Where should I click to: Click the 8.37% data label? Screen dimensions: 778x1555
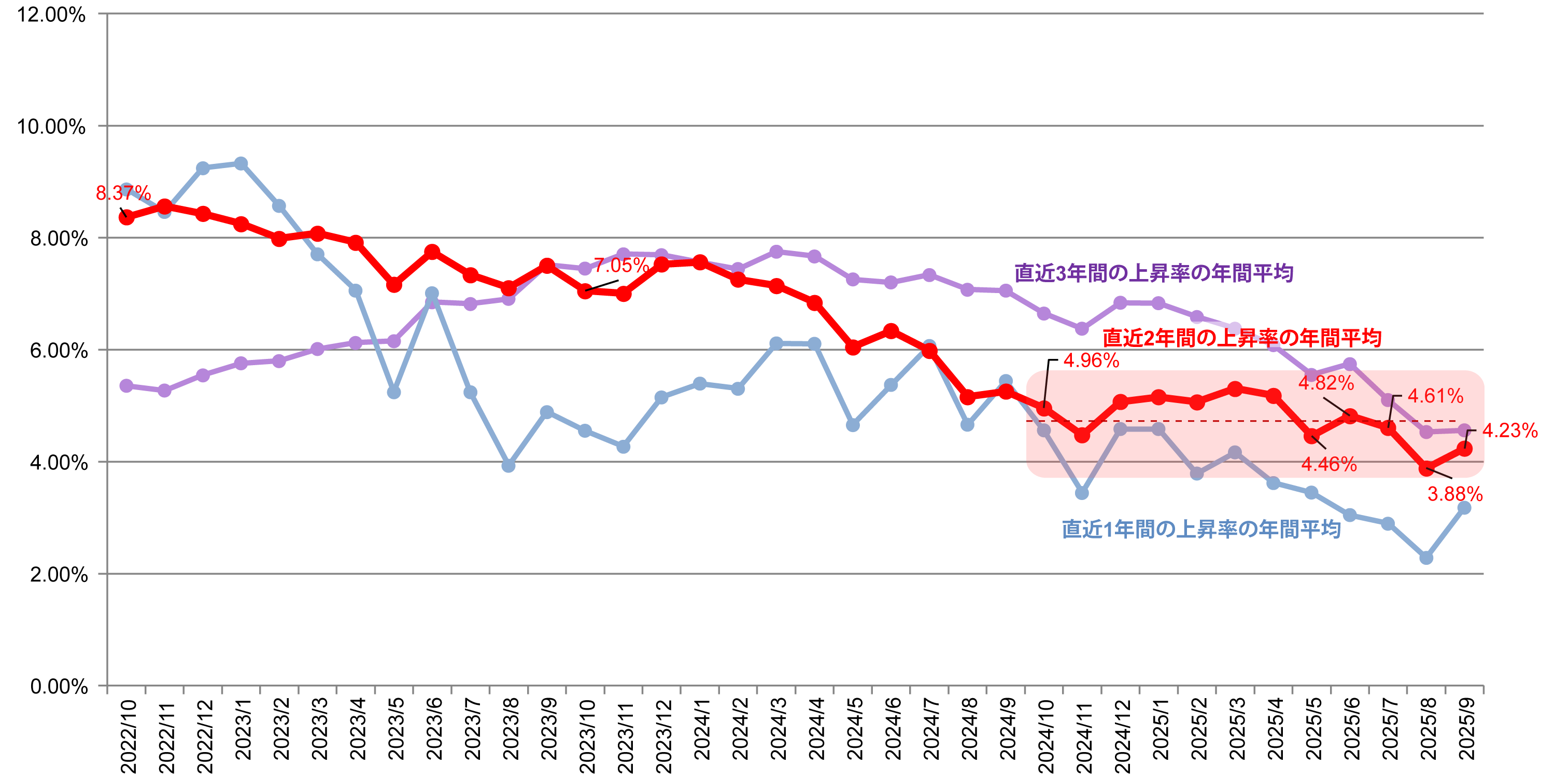[x=123, y=193]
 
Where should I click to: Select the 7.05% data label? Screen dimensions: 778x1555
[x=620, y=265]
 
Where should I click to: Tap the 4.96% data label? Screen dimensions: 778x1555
[x=1091, y=360]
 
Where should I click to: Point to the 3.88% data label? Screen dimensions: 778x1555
[x=1455, y=494]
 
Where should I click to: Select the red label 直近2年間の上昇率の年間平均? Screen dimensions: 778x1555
[x=1242, y=338]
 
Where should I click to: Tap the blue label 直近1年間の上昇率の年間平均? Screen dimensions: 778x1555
[x=1201, y=529]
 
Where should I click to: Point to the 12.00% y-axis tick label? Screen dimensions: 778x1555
[x=51, y=15]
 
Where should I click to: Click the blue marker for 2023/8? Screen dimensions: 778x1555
[x=508, y=466]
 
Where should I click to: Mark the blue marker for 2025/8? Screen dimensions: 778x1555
[x=1426, y=558]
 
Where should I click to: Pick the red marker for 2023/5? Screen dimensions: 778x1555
[x=393, y=285]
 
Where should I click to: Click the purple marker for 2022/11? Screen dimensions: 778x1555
[x=164, y=391]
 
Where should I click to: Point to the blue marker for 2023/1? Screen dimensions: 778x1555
[x=241, y=164]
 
